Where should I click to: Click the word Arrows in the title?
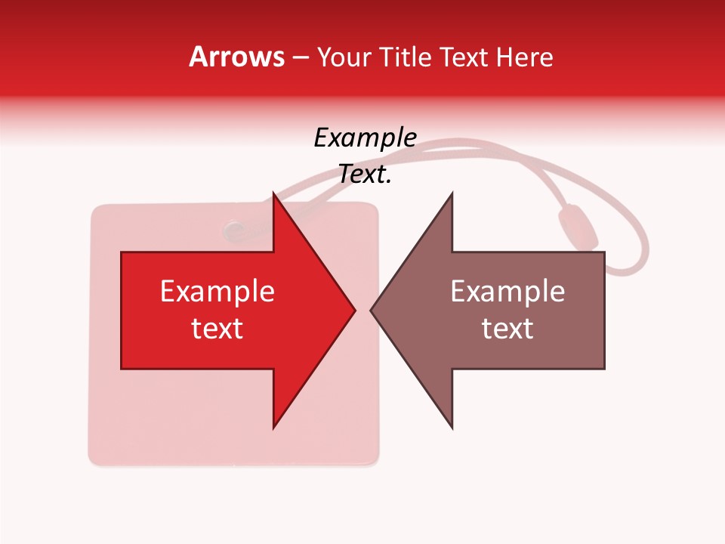point(236,57)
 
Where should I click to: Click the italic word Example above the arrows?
point(366,138)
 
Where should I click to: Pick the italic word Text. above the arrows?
point(366,175)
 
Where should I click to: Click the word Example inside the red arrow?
point(217,292)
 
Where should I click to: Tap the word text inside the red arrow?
point(217,329)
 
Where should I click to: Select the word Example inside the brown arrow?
point(507,292)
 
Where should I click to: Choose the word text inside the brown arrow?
point(507,329)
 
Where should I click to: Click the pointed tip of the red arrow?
point(353,310)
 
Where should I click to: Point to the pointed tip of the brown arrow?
point(372,310)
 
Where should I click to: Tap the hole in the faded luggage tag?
point(233,227)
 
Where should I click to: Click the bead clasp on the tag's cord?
point(578,227)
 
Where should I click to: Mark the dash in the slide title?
point(300,57)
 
